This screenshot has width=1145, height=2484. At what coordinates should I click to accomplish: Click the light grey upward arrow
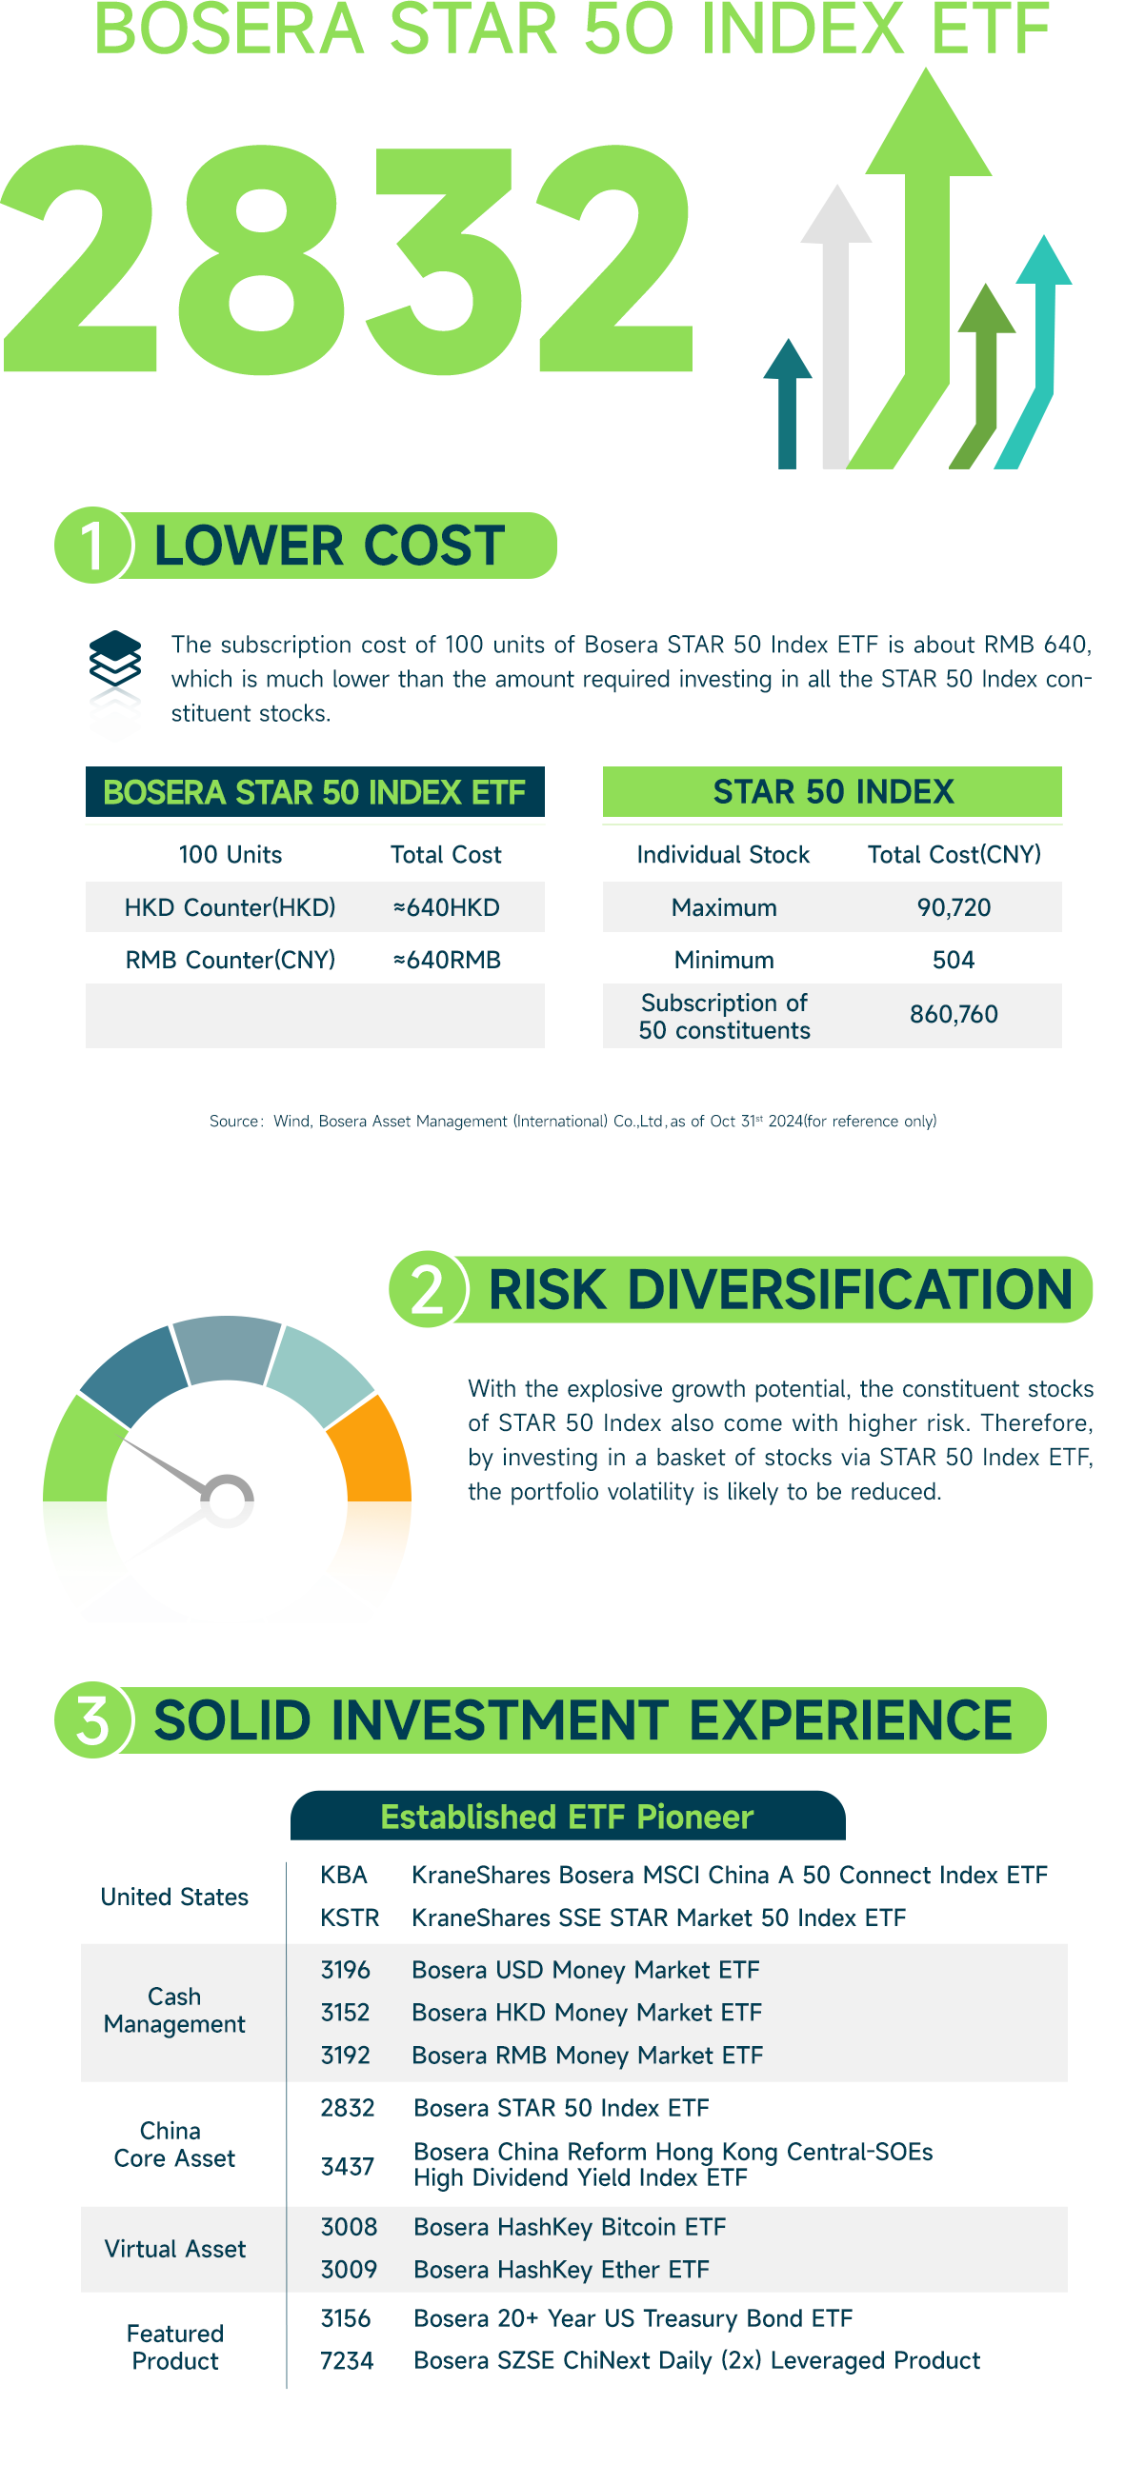pyautogui.click(x=835, y=328)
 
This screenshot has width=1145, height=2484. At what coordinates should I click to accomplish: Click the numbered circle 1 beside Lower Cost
pyautogui.click(x=91, y=545)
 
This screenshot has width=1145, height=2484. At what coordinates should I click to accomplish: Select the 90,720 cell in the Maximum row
pyautogui.click(x=953, y=907)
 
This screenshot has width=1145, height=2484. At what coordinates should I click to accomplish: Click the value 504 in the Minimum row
pyautogui.click(x=953, y=960)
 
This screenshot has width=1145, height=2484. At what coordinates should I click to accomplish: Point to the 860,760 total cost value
pyautogui.click(x=953, y=1014)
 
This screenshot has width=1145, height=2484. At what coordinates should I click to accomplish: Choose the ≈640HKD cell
pyautogui.click(x=446, y=907)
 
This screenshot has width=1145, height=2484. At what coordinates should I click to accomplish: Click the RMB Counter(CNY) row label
pyautogui.click(x=230, y=960)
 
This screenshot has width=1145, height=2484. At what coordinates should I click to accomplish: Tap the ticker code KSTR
pyautogui.click(x=350, y=1917)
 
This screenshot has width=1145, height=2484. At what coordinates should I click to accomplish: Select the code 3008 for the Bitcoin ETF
pyautogui.click(x=349, y=2227)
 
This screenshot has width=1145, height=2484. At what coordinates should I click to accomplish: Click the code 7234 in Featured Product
pyautogui.click(x=347, y=2359)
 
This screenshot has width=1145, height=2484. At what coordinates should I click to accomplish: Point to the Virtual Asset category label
pyautogui.click(x=174, y=2249)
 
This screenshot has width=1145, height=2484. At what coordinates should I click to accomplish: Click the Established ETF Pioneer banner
pyautogui.click(x=567, y=1816)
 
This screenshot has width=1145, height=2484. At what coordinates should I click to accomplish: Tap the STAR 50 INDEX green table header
pyautogui.click(x=832, y=792)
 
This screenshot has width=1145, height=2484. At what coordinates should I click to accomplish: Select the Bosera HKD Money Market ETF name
pyautogui.click(x=587, y=2013)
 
